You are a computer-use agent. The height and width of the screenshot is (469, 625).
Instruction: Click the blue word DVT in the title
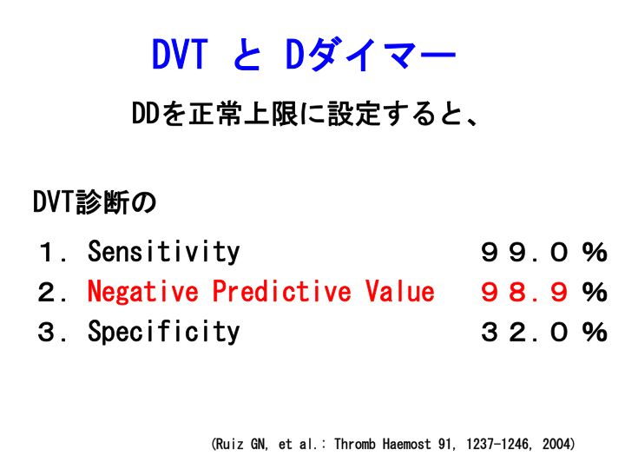180,54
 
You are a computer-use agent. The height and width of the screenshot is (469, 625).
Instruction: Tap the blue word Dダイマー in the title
371,55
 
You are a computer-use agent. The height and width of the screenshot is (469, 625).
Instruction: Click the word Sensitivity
163,252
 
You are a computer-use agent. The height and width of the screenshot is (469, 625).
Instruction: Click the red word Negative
142,291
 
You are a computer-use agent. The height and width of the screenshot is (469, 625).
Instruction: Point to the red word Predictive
281,291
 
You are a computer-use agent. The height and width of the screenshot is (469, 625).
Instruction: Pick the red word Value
399,291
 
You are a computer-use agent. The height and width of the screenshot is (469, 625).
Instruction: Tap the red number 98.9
523,292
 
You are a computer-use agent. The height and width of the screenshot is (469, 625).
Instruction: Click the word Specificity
163,332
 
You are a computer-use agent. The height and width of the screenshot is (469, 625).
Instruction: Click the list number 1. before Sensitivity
53,253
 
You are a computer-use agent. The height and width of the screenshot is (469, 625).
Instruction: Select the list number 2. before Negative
52,292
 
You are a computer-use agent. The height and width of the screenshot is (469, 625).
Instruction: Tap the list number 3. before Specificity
52,332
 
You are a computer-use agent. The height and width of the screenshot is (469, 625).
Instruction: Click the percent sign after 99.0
595,253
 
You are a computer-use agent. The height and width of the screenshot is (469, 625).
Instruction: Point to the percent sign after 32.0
595,332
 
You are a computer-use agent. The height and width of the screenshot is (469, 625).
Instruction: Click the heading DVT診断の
95,202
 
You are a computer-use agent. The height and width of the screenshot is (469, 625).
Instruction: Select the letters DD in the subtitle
146,114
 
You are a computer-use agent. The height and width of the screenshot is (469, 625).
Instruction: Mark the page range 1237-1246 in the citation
499,444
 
